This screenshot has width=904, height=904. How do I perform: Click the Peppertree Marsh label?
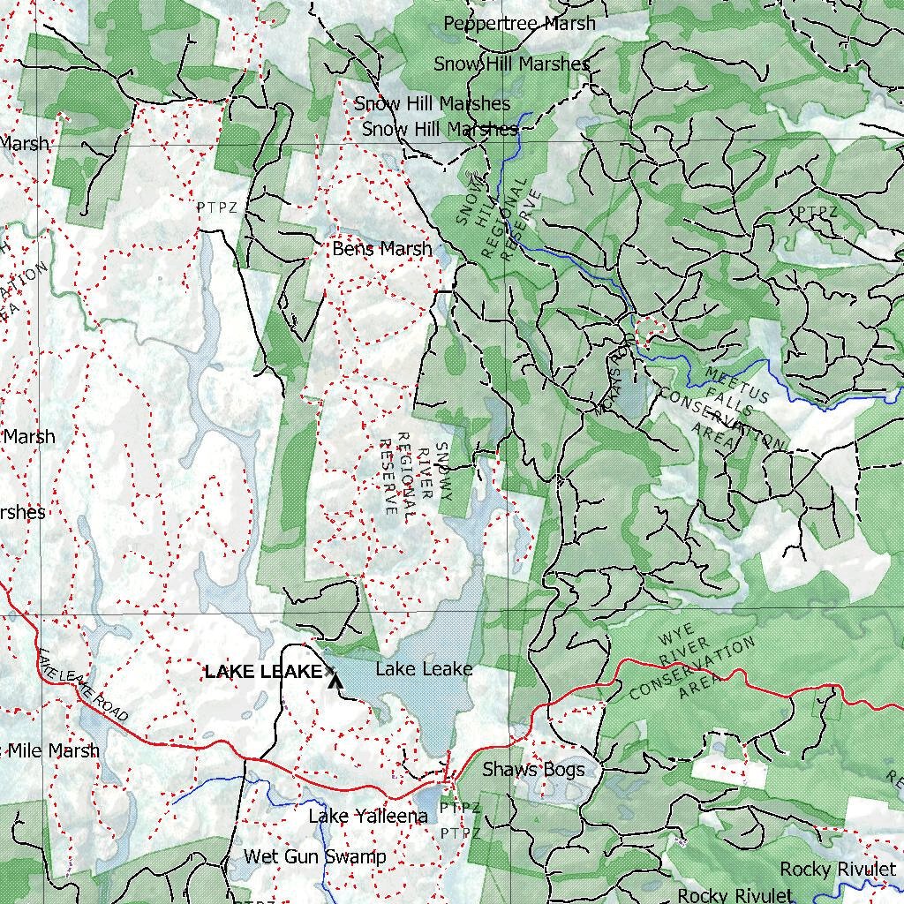(x=519, y=23)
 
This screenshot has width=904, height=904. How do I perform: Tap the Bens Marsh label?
(x=382, y=249)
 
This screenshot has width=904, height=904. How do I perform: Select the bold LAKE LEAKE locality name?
(x=263, y=672)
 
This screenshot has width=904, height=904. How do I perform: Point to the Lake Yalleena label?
(x=368, y=816)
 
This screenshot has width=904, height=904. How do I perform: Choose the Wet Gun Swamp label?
(x=314, y=856)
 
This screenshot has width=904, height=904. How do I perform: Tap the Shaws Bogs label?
(x=533, y=770)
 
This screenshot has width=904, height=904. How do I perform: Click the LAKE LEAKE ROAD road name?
(x=84, y=685)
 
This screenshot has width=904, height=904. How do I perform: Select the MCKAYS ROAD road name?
(x=610, y=380)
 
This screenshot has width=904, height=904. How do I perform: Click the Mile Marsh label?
(x=53, y=750)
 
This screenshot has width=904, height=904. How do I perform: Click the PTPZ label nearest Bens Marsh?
(x=217, y=207)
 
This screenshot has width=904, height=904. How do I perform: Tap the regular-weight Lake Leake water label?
(x=424, y=669)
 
